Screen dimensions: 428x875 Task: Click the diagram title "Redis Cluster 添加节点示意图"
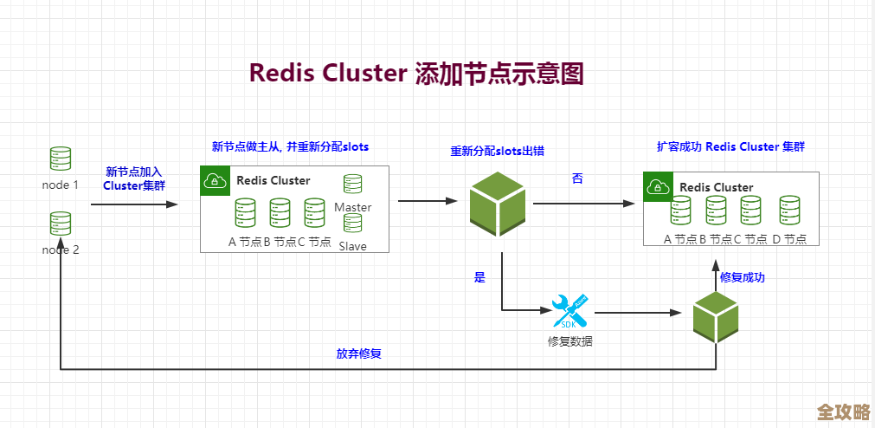coord(416,74)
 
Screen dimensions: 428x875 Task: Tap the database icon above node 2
coord(61,224)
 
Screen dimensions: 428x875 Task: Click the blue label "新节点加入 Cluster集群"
coord(134,178)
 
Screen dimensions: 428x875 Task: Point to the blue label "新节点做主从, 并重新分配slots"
coord(290,146)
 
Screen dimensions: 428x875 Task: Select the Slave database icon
coord(352,224)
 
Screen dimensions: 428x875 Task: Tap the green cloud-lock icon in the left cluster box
coord(213,180)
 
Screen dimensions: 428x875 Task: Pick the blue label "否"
coord(577,178)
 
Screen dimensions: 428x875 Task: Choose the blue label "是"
coord(479,278)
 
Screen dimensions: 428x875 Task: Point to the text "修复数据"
coord(570,341)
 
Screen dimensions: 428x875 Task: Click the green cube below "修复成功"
coord(716,316)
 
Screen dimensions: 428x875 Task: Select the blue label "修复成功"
coord(743,278)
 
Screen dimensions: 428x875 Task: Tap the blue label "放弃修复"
coord(359,353)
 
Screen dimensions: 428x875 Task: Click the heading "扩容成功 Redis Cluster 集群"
coord(730,146)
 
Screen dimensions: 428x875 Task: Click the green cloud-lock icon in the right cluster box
coord(657,186)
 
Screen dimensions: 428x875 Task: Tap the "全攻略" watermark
coord(843,411)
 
